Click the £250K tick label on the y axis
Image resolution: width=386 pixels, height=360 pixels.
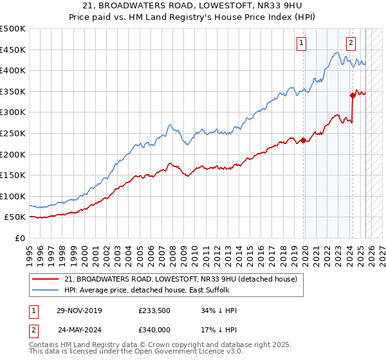(13, 133)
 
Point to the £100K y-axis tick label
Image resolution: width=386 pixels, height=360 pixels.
(13, 196)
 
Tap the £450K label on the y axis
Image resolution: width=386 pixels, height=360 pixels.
(13, 50)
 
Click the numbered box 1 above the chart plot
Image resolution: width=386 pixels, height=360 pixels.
(302, 43)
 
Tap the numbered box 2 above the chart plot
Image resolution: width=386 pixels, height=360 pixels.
(351, 43)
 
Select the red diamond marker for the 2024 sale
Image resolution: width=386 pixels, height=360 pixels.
(353, 96)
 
